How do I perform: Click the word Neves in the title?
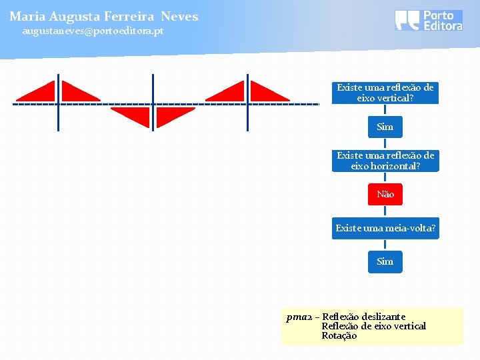tap(179, 16)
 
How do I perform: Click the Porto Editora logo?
tap(428, 20)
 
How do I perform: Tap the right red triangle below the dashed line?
tap(173, 115)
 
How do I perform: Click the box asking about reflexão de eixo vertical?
tap(385, 93)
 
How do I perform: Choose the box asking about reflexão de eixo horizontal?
tap(385, 161)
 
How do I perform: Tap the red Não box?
tap(385, 194)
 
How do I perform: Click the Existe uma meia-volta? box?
tap(385, 229)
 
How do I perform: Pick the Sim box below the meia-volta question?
tap(385, 261)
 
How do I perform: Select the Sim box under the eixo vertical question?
tap(385, 127)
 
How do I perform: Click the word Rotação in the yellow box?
tap(339, 335)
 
